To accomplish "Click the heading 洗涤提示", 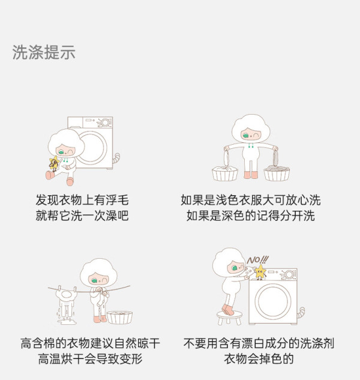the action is pyautogui.click(x=44, y=52).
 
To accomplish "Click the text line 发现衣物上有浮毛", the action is pyautogui.click(x=82, y=200).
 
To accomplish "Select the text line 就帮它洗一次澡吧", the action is pyautogui.click(x=82, y=216).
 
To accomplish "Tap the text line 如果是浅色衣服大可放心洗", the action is pyautogui.click(x=250, y=200).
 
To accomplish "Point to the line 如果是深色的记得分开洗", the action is pyautogui.click(x=250, y=216).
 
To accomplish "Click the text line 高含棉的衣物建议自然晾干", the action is pyautogui.click(x=90, y=343).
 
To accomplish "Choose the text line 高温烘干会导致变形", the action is pyautogui.click(x=90, y=359).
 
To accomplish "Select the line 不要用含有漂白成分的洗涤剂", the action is pyautogui.click(x=259, y=343).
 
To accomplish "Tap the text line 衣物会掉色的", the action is pyautogui.click(x=259, y=359).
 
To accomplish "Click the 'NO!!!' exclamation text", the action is pyautogui.click(x=258, y=260).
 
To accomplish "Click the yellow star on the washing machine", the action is pyautogui.click(x=260, y=271).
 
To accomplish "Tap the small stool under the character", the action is pyautogui.click(x=229, y=318).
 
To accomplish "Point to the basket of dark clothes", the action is pyautogui.click(x=277, y=173).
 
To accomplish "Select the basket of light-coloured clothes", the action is pyautogui.click(x=225, y=173).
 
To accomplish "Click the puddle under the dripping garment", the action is pyautogui.click(x=67, y=322).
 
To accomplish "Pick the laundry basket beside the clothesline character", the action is pyautogui.click(x=119, y=317).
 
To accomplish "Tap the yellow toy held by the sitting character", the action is pyautogui.click(x=54, y=163).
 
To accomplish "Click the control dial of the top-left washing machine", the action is pyautogui.click(x=105, y=122).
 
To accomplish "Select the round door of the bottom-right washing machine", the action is pyautogui.click(x=272, y=301).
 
